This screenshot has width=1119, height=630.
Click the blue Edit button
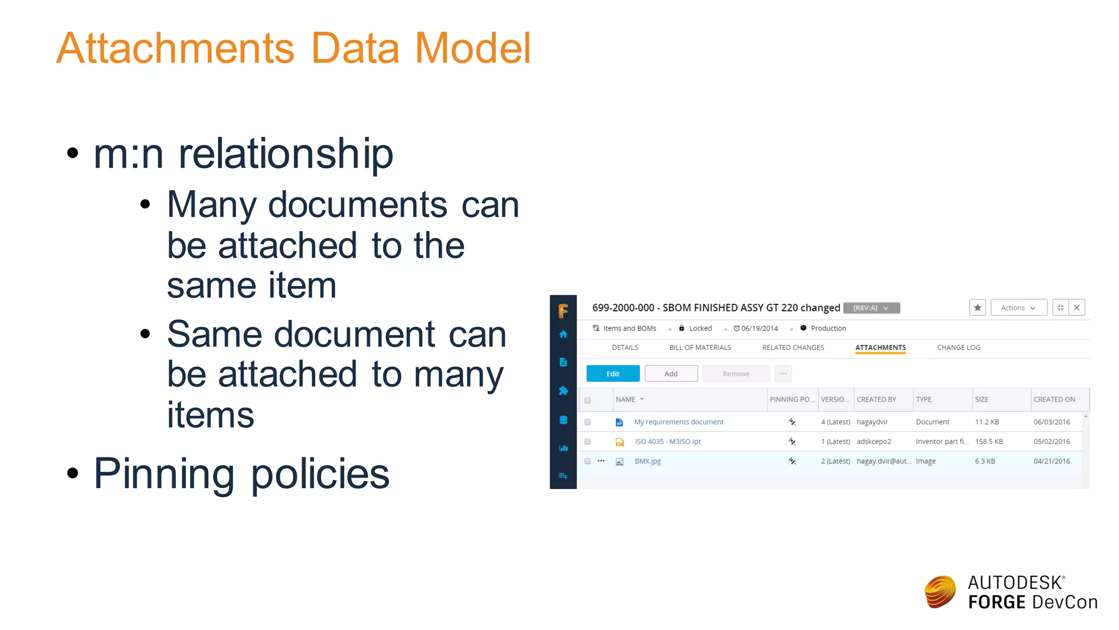(x=612, y=374)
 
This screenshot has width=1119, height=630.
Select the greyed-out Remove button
(x=735, y=374)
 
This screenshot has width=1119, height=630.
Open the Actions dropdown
(x=1018, y=308)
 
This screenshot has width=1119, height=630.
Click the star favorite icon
(x=977, y=308)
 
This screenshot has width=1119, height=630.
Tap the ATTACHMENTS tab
(x=880, y=348)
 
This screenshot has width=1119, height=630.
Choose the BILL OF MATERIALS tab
(x=700, y=348)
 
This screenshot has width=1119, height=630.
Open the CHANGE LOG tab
(x=958, y=348)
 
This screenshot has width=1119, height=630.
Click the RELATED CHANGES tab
(x=793, y=348)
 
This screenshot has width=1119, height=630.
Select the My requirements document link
(x=679, y=422)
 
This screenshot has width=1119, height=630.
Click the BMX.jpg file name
(x=647, y=462)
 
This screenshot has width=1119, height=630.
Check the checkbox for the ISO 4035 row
(x=588, y=442)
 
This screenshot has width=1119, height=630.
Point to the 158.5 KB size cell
(x=989, y=442)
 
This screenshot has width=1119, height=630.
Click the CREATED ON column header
(x=1054, y=400)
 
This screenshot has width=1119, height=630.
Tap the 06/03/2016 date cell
(x=1052, y=422)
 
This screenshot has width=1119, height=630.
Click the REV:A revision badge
(x=871, y=308)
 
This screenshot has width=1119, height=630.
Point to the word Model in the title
(x=473, y=48)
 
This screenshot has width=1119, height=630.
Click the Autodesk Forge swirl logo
(x=940, y=592)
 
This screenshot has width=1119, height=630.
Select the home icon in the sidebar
(x=563, y=335)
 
